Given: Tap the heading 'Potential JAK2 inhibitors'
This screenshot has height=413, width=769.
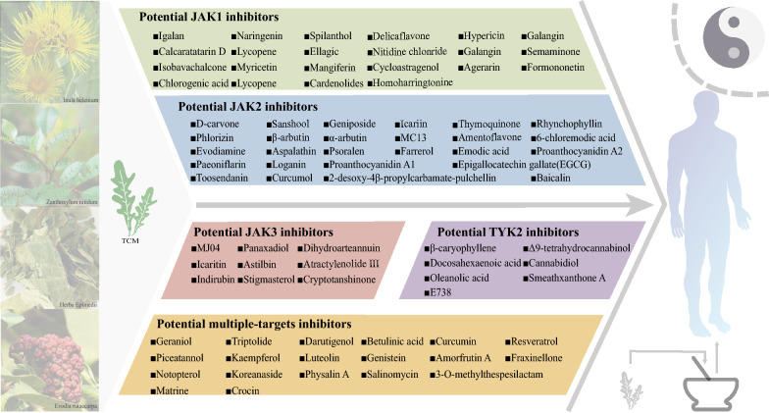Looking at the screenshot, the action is [x=248, y=107].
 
